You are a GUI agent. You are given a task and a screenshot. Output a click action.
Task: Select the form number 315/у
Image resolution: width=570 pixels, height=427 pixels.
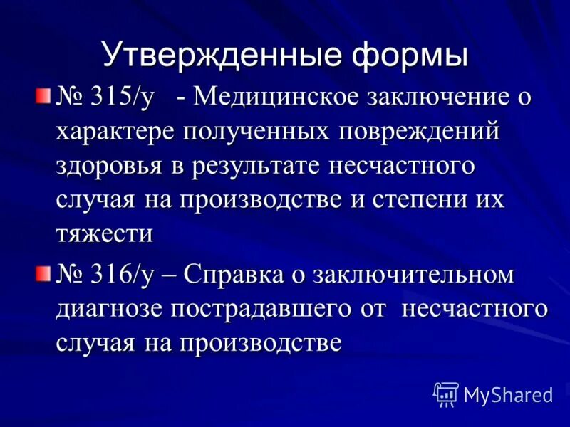(122, 98)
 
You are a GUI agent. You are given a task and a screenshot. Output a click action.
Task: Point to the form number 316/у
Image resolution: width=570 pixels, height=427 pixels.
(122, 275)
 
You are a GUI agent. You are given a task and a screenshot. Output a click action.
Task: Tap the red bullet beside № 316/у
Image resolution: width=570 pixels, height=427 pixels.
(44, 273)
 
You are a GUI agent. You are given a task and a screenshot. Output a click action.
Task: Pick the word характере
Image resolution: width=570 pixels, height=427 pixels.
(115, 132)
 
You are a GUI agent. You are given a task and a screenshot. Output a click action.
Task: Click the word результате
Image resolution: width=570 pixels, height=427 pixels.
(255, 166)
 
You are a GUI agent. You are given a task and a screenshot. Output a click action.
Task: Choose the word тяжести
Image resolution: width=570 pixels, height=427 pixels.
(104, 233)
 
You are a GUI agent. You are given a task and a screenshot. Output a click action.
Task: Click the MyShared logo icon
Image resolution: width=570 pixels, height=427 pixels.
(446, 393)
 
